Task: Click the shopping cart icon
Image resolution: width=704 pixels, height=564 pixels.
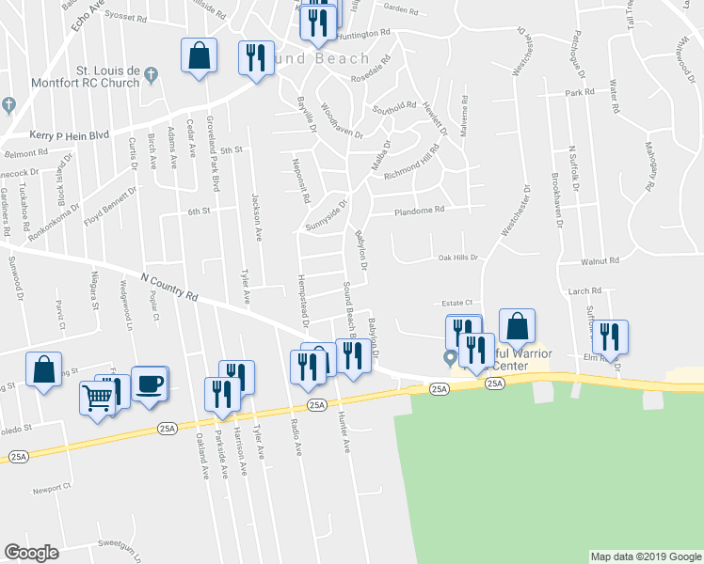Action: (97, 399)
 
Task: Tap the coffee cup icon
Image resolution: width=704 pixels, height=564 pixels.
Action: (150, 384)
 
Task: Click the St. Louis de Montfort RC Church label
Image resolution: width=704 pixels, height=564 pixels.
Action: (108, 77)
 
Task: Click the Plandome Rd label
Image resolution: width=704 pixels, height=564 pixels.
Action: (419, 211)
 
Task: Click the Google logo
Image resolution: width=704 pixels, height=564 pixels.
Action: (31, 553)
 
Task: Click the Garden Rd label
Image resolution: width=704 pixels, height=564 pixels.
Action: (401, 10)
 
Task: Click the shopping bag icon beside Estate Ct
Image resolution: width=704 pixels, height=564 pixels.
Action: (517, 326)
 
